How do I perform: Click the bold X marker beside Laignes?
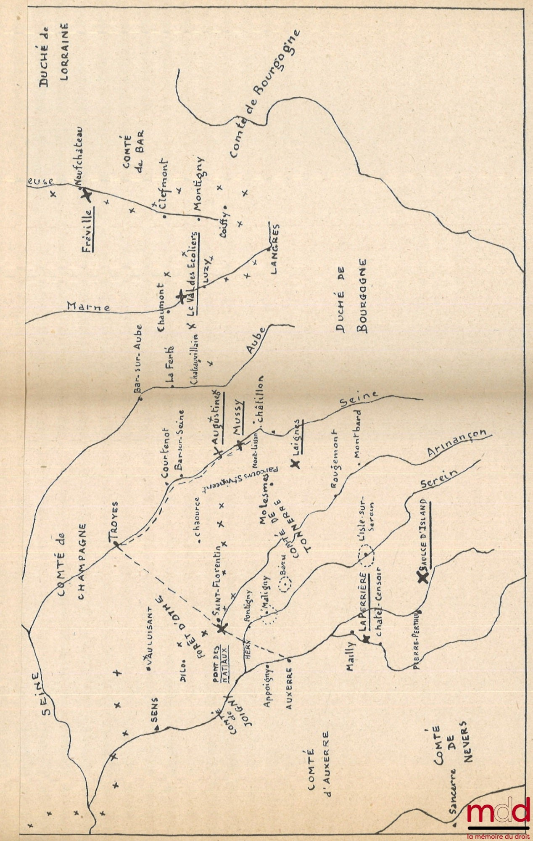click(295, 463)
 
